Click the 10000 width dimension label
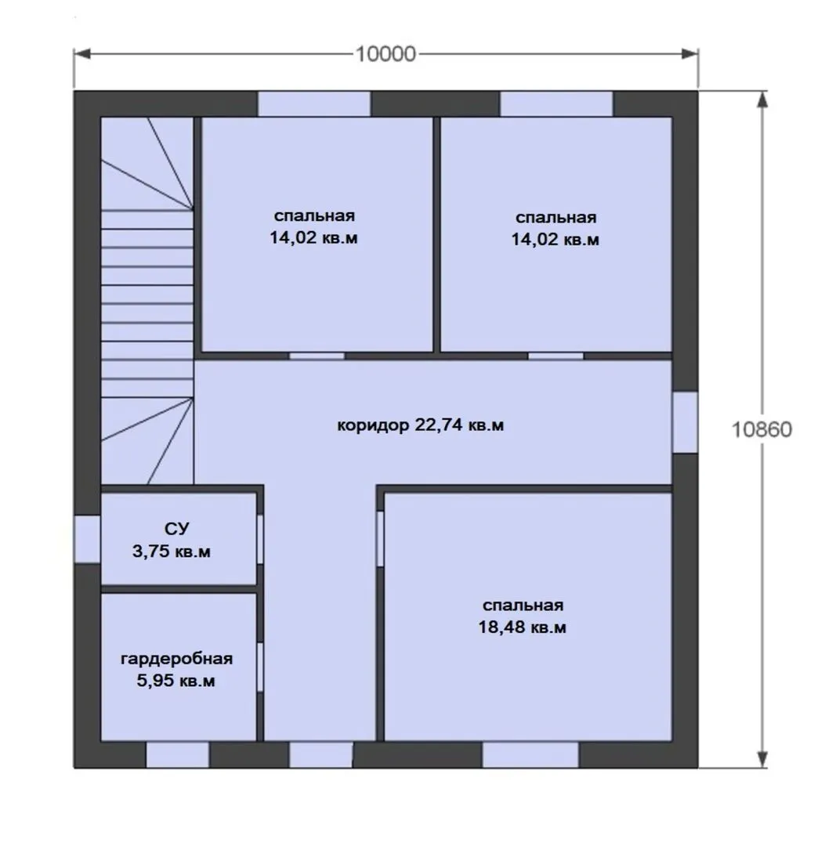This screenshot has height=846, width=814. [x=385, y=54]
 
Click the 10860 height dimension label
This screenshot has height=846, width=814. [x=761, y=429]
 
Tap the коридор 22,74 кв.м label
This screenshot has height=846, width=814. [x=421, y=425]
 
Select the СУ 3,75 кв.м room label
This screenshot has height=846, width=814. [x=172, y=540]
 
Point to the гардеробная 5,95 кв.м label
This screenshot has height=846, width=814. [x=176, y=669]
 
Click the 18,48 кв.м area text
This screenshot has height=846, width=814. [x=522, y=627]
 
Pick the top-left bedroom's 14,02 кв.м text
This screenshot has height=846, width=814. [x=313, y=237]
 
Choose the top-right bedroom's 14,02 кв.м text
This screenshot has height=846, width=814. [x=555, y=239]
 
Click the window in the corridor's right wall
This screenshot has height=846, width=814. [x=685, y=422]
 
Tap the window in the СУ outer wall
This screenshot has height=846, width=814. [x=87, y=540]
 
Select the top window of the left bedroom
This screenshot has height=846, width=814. [x=314, y=103]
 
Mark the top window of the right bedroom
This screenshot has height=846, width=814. [x=556, y=103]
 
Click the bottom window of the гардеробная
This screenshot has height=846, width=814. [x=178, y=755]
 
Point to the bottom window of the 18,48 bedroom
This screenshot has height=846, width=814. [x=530, y=755]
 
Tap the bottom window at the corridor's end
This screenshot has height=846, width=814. [x=321, y=755]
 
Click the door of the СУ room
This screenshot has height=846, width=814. [x=260, y=540]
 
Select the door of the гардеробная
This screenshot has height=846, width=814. [x=260, y=667]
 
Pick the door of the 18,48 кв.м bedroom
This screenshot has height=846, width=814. [x=380, y=539]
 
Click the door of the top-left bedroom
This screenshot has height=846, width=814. [x=317, y=356]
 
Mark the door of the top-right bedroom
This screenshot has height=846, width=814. [x=556, y=356]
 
